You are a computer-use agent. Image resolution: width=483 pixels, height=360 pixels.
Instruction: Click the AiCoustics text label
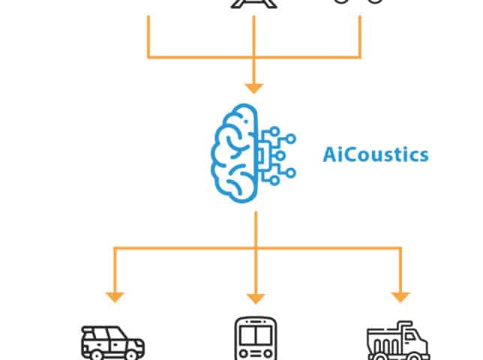[375, 155]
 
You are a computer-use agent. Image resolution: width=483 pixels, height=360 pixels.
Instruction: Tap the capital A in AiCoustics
[329, 154]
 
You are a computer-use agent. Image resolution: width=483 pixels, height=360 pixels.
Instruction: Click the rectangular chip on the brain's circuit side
[263, 153]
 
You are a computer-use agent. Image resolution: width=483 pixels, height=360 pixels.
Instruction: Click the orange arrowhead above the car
[114, 297]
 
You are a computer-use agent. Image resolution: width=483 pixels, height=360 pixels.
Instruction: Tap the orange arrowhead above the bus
[255, 297]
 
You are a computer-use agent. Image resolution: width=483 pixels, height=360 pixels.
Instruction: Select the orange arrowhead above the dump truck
[400, 297]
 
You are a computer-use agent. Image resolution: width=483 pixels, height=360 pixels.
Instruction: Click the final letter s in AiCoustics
[424, 155]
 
